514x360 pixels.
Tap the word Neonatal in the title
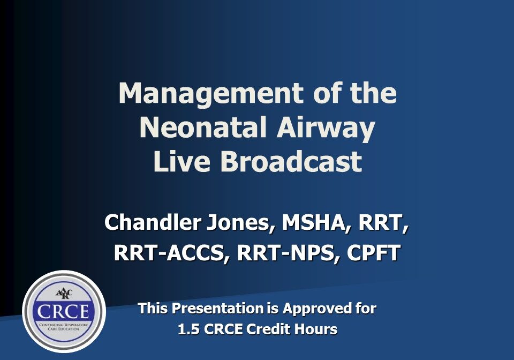(203, 127)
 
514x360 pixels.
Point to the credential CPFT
(373, 252)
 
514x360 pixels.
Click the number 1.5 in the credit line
(188, 329)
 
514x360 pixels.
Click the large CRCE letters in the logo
(63, 311)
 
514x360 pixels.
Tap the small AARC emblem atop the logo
(64, 294)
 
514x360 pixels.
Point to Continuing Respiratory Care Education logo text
(64, 327)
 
